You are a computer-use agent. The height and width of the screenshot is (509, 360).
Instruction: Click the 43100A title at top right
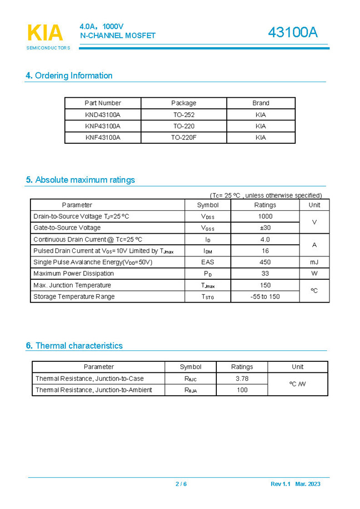[x=292, y=33]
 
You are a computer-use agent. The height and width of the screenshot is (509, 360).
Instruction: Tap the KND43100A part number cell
[x=103, y=115]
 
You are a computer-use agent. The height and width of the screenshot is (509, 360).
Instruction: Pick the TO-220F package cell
[x=184, y=137]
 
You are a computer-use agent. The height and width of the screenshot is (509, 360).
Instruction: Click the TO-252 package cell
[x=184, y=115]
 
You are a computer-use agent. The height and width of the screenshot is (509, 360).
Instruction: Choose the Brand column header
[x=261, y=103]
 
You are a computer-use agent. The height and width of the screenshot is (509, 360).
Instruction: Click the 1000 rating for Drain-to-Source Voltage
[x=265, y=216]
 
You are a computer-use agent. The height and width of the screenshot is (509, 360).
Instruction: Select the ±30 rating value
[x=265, y=228]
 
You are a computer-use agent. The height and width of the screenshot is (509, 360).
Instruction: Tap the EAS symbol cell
[x=207, y=262]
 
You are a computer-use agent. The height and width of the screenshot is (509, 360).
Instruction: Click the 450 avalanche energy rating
[x=265, y=262]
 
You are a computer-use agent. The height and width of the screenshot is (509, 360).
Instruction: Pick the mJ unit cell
[x=314, y=262]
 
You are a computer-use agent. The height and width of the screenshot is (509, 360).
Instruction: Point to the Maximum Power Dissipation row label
[x=74, y=274]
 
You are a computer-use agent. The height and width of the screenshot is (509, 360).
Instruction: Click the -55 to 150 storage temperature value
[x=265, y=296]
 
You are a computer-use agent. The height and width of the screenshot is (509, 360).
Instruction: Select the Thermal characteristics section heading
[x=74, y=345]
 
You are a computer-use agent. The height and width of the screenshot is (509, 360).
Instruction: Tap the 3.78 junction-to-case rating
[x=242, y=379]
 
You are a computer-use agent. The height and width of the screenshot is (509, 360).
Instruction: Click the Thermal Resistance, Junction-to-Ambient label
[x=94, y=390]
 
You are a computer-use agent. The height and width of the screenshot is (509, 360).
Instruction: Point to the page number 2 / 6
[x=181, y=484]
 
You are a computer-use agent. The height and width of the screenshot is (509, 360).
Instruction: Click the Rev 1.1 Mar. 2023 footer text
[x=295, y=484]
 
